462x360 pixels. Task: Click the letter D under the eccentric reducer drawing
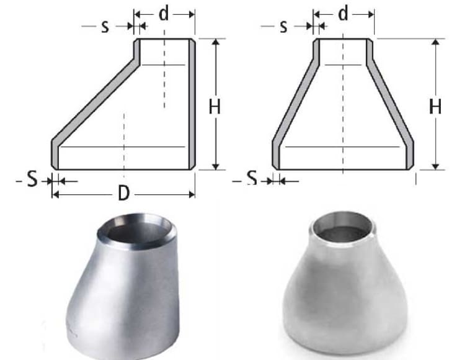[x=124, y=194]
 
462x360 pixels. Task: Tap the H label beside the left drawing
[x=215, y=107]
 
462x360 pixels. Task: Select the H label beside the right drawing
[x=435, y=107]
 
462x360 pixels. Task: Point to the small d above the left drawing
[x=164, y=14]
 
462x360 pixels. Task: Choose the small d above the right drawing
[x=343, y=14]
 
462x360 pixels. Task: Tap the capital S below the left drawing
[x=32, y=180]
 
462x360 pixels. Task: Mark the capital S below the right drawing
[x=251, y=179]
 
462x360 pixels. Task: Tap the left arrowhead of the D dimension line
[x=55, y=194]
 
